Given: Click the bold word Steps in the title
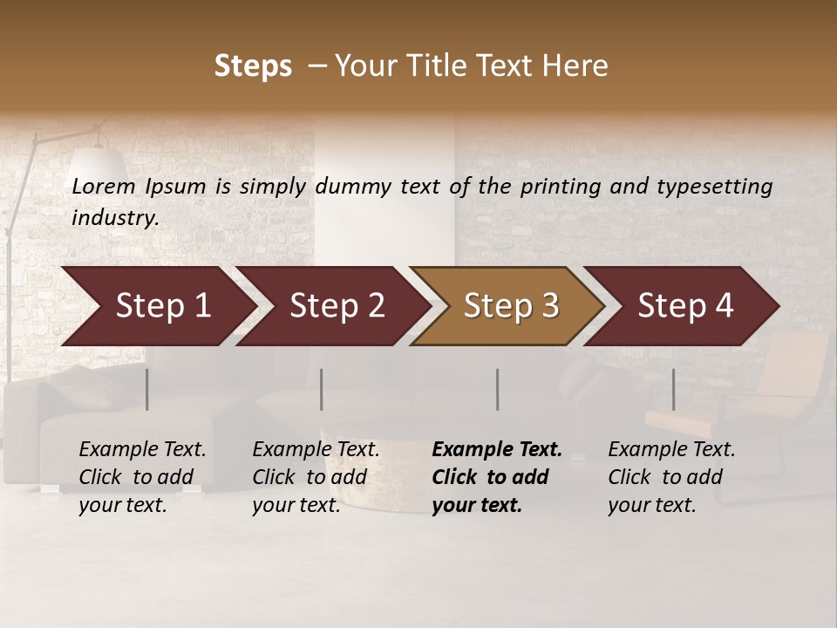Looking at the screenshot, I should click(x=253, y=66).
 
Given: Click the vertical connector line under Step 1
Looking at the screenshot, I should click(x=146, y=389).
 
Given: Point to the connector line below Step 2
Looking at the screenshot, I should click(x=322, y=389).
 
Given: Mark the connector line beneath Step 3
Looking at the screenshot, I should click(x=497, y=389).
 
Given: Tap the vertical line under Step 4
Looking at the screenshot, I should click(x=673, y=389).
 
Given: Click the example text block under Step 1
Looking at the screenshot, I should click(x=142, y=477).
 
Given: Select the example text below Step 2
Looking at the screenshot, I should click(x=316, y=477).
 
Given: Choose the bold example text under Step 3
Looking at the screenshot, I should click(x=497, y=477).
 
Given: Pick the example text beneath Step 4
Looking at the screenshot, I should click(x=671, y=477).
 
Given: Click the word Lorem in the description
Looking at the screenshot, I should click(x=104, y=186).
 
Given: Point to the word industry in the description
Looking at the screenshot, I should click(x=115, y=218).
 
